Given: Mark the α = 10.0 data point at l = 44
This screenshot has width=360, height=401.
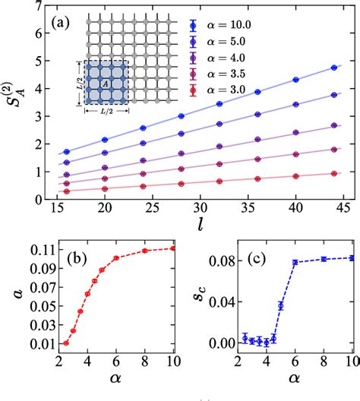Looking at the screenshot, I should tap(335, 68).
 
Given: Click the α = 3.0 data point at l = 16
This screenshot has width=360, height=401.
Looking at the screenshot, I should tap(66, 192).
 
